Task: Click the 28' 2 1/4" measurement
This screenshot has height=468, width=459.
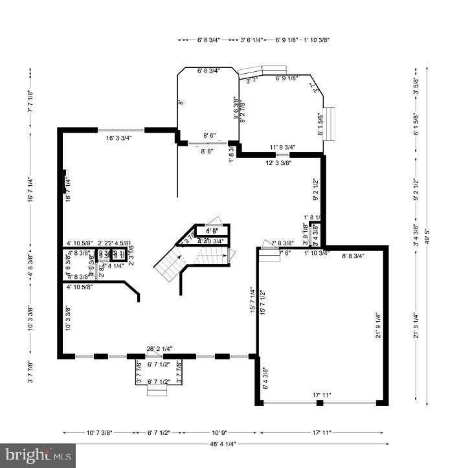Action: (x=159, y=349)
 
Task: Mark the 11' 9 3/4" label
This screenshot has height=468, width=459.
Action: (x=282, y=148)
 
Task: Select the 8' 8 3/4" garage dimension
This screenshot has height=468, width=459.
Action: (x=353, y=256)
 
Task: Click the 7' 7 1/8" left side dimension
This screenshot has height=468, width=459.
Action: (x=30, y=102)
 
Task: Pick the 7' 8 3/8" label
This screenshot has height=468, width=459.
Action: (x=282, y=242)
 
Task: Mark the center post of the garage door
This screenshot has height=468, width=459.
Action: (x=320, y=403)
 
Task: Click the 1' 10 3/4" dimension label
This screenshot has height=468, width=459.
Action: (x=317, y=252)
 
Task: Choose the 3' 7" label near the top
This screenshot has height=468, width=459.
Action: (x=252, y=81)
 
